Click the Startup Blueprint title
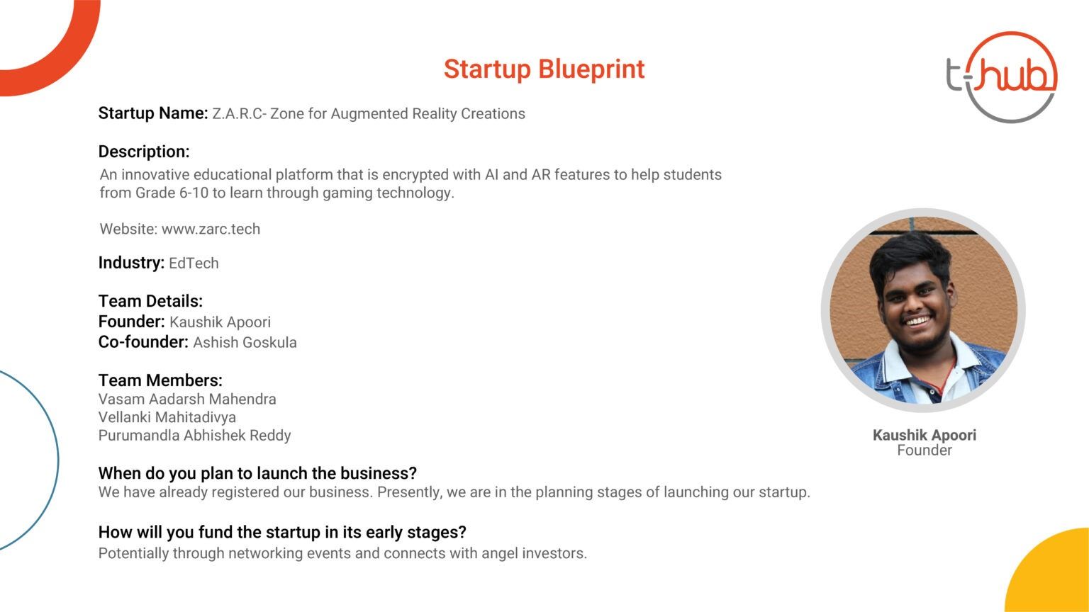(x=544, y=69)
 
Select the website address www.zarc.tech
(x=211, y=229)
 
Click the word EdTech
(x=194, y=263)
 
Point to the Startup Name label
(x=153, y=113)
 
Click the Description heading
(x=144, y=152)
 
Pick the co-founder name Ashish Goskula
(x=245, y=342)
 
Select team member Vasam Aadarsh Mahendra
(x=187, y=399)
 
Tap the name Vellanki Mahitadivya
(x=167, y=417)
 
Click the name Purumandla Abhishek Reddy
(x=194, y=436)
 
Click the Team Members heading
(x=160, y=380)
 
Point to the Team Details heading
(x=150, y=301)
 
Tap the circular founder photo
(x=923, y=310)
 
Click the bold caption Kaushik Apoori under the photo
(x=925, y=435)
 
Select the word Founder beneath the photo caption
(x=925, y=450)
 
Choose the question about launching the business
(x=257, y=473)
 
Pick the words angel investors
(x=535, y=553)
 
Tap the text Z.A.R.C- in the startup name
(x=239, y=113)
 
